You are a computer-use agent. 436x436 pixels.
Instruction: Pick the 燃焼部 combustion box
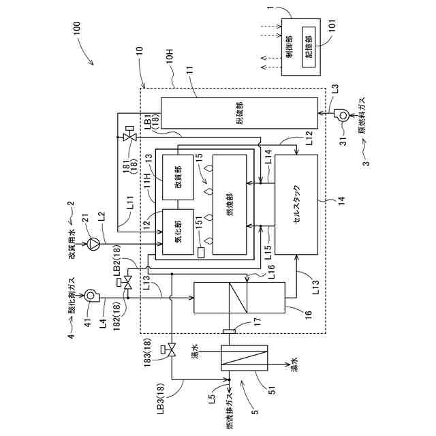pos(229,204)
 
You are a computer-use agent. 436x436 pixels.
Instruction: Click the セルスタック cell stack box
pos(296,204)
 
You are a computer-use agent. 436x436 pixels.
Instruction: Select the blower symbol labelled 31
pos(339,116)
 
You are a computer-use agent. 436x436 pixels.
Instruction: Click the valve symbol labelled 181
pos(129,137)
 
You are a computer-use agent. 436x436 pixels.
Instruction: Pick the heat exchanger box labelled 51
pos(245,367)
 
